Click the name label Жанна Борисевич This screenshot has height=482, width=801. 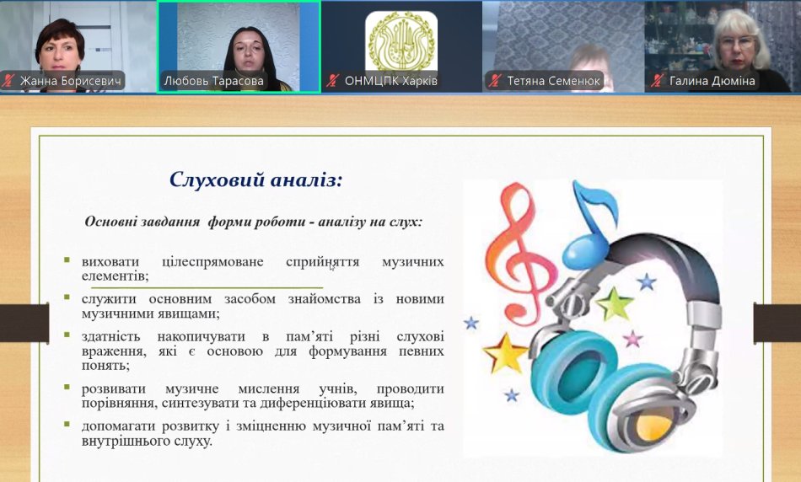point(71,81)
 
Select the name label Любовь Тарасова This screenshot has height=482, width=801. point(213,81)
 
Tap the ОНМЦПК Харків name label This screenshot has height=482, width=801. point(390,81)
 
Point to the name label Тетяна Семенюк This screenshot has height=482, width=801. point(553,81)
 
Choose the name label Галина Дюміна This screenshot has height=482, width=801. point(712,81)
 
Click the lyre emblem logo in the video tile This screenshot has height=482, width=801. point(401,42)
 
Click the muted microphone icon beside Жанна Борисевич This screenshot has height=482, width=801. point(8,81)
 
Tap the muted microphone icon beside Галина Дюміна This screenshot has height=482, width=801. point(658,81)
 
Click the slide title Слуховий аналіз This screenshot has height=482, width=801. point(255,179)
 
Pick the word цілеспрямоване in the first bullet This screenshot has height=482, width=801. point(212,262)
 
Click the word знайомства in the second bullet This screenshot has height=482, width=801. point(325,298)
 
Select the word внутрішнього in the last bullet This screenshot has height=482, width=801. point(126,441)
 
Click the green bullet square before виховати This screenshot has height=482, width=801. point(67,260)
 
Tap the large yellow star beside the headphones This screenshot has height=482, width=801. point(505,353)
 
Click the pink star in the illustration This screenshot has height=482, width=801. point(632,339)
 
